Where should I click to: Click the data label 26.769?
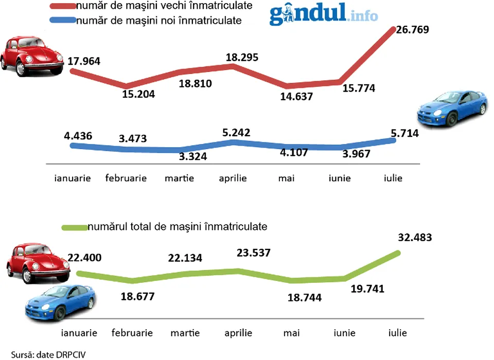pos(412,30)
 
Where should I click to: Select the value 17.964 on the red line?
pos(84,62)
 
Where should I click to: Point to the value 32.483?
pos(414,238)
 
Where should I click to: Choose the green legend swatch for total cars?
pos(74,226)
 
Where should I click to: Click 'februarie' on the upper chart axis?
pos(126,178)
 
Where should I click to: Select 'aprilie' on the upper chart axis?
pos(233,178)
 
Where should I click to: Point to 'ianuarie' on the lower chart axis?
pos(79,333)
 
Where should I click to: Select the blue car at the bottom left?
pos(60,302)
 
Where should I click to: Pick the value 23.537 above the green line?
pos(253,253)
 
